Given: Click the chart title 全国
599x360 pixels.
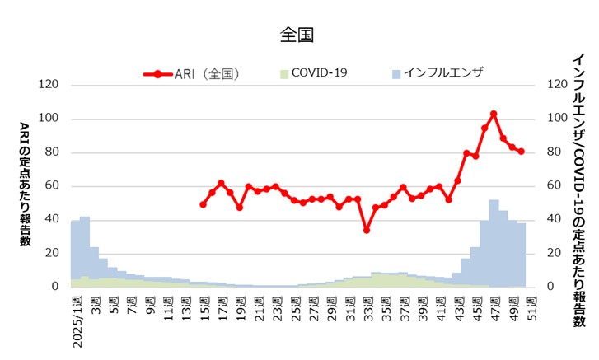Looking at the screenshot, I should (298, 35).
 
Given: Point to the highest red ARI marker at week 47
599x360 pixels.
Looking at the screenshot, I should (494, 114).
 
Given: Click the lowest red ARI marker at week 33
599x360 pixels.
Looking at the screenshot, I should (367, 230).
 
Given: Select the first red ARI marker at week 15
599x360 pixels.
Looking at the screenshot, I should (203, 204).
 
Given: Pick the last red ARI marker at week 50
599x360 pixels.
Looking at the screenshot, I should (521, 152).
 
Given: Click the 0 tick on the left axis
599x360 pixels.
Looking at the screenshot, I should (54, 287).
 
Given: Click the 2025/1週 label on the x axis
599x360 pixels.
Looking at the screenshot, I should (77, 320).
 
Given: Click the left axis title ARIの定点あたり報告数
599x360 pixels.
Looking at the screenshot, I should (25, 185).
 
